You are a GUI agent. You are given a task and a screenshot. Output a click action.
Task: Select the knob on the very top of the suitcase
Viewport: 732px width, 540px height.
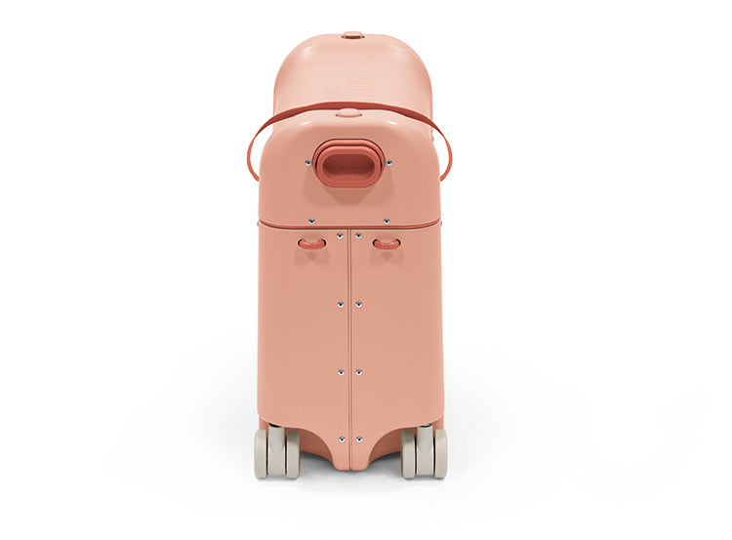point(353,36)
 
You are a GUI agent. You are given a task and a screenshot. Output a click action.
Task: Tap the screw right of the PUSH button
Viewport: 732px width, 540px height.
point(387,163)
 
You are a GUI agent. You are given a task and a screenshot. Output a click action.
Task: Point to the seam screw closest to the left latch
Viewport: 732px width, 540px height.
point(340,236)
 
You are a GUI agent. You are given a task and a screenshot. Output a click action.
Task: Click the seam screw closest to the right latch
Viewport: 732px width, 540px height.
point(358,236)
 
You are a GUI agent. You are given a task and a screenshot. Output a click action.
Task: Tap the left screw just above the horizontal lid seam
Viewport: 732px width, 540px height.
point(311,221)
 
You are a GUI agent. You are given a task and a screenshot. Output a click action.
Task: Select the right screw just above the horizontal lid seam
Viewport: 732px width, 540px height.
point(386,221)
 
